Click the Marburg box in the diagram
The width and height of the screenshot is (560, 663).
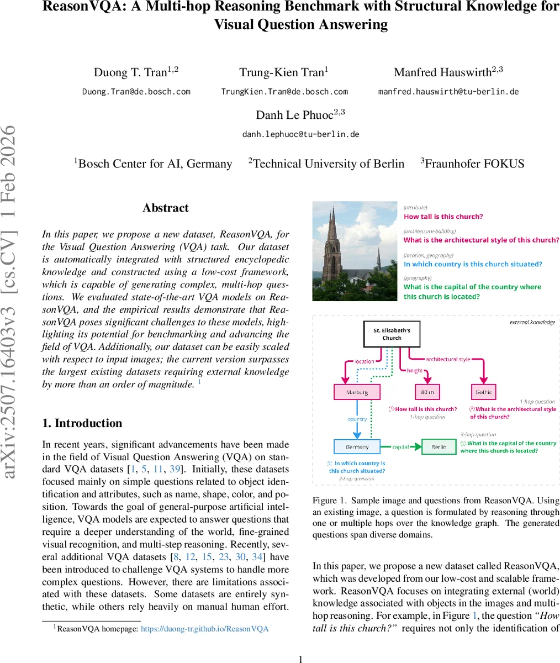point(357,392)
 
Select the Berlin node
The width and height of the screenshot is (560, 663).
point(439,446)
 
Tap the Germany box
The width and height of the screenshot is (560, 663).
point(357,446)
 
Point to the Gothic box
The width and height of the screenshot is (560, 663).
point(484,392)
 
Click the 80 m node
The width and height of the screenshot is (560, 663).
point(427,392)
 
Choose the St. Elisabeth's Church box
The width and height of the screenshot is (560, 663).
point(392,334)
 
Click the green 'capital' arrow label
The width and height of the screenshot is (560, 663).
point(401,446)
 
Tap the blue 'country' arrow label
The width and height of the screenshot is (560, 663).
point(357,419)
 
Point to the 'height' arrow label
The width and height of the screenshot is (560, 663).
point(415,371)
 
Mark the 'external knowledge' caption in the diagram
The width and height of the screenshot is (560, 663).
point(532,322)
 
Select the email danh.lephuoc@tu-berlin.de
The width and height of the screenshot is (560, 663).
point(300,134)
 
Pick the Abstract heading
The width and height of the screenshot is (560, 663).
point(165,208)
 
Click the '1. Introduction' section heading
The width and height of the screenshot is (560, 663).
point(82,423)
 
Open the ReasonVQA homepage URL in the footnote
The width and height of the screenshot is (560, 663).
point(204,628)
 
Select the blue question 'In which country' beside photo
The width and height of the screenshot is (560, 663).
point(473,264)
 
